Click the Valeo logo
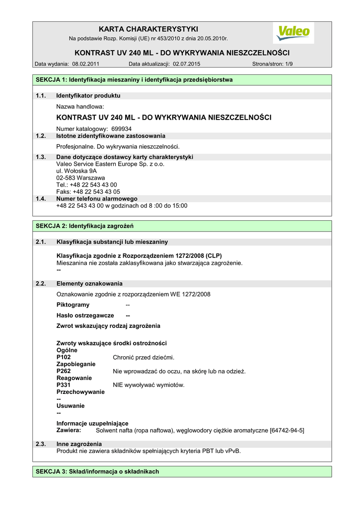pyautogui.click(x=293, y=33)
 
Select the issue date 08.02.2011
pyautogui.click(x=86, y=64)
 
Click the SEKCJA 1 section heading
pyautogui.click(x=134, y=80)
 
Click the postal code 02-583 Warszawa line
pyautogui.click(x=80, y=178)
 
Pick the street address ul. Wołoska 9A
pyautogui.click(x=76, y=171)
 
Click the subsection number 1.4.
pyautogui.click(x=41, y=198)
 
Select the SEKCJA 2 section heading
pyautogui.click(x=84, y=226)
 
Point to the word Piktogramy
pyautogui.click(x=73, y=305)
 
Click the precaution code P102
pyautogui.click(x=64, y=357)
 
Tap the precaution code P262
pyautogui.click(x=64, y=371)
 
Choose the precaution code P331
pyautogui.click(x=64, y=385)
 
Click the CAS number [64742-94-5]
pyautogui.click(x=287, y=431)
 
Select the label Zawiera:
pyautogui.click(x=69, y=431)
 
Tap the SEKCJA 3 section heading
pyautogui.click(x=97, y=472)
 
